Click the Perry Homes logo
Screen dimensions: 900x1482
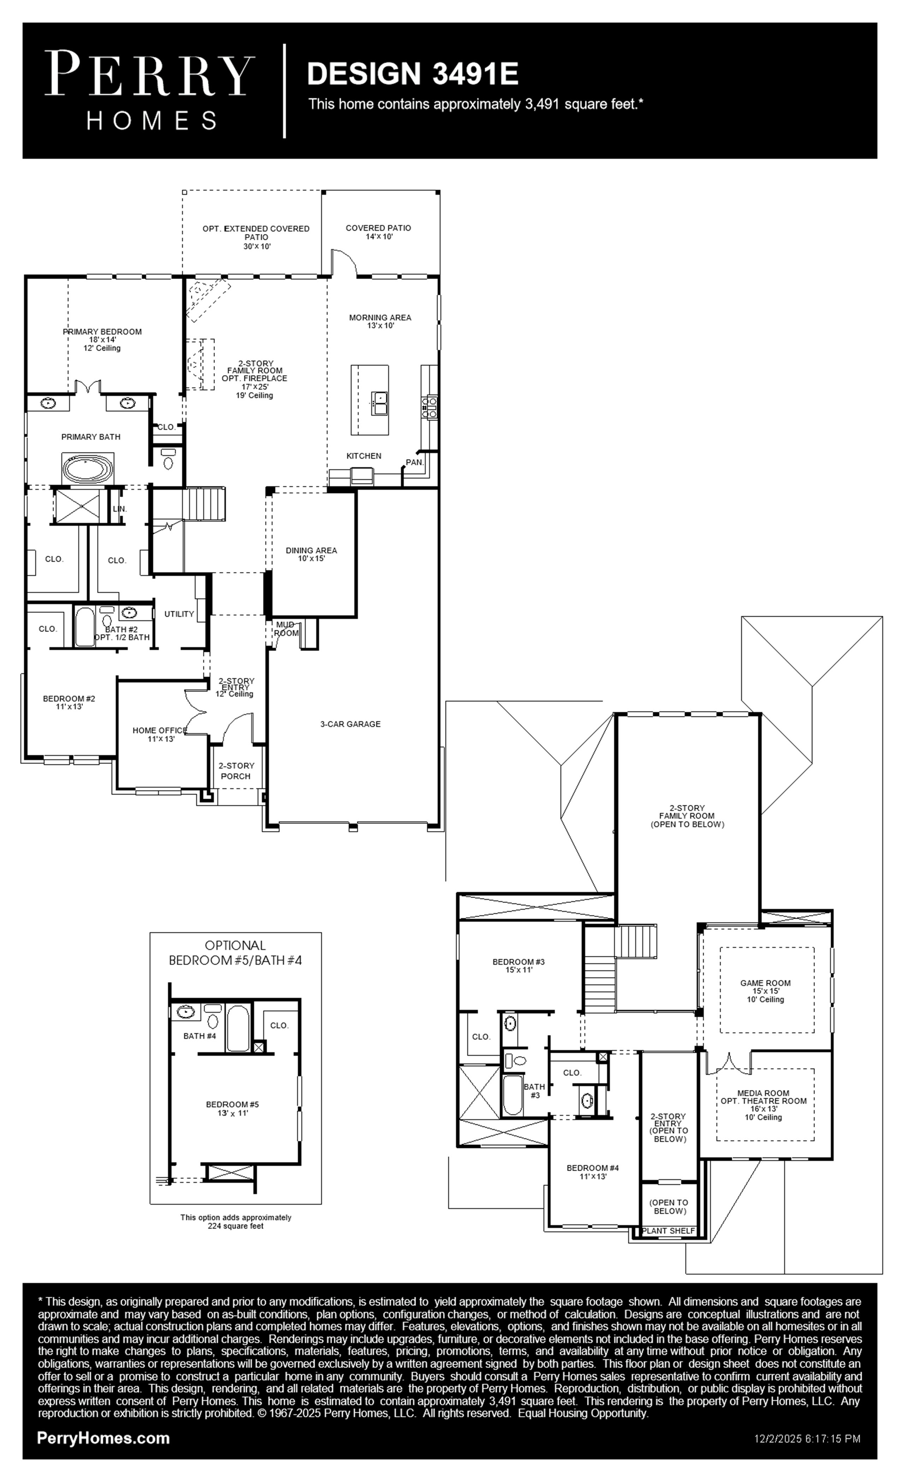coord(149,90)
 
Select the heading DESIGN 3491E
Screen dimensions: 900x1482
coord(412,74)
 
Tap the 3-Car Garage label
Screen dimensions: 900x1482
coord(350,724)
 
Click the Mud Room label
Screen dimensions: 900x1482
coord(286,629)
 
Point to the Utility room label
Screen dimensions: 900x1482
coord(179,614)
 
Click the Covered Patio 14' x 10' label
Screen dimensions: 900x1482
coord(378,232)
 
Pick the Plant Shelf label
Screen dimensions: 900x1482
coord(668,1231)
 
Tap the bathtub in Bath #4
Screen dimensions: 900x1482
coord(237,1027)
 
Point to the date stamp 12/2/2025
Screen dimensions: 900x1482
coord(775,1439)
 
